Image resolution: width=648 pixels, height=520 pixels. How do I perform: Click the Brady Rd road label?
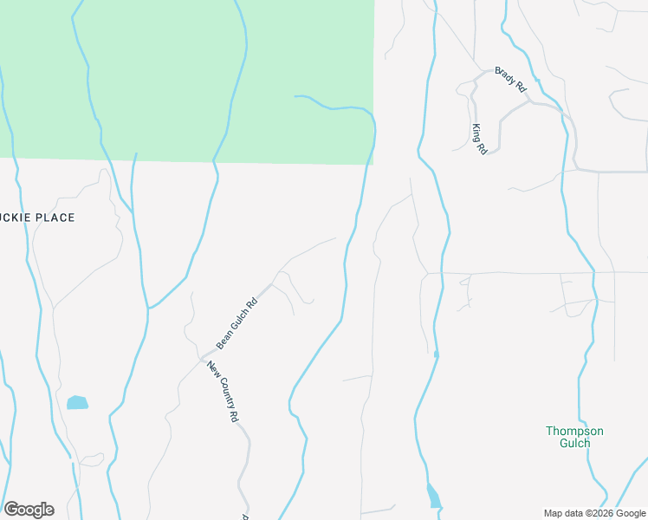pos(511,80)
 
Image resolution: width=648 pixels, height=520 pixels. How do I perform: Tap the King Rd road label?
pos(479,139)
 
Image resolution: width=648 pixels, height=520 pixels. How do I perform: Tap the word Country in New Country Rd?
pos(225,393)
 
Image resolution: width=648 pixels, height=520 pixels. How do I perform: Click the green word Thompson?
pos(574,431)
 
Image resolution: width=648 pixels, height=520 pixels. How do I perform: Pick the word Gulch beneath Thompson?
pos(574,443)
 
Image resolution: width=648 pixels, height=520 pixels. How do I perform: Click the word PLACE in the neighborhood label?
pos(53,218)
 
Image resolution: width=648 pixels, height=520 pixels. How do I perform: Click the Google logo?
pos(29,510)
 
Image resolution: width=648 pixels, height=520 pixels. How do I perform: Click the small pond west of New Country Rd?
pos(77,402)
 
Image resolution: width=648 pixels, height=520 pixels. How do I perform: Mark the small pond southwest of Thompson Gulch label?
pos(433,497)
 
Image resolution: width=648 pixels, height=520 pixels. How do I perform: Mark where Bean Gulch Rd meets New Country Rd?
pos(202,357)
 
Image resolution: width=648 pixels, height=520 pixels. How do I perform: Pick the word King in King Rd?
pos(476,133)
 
